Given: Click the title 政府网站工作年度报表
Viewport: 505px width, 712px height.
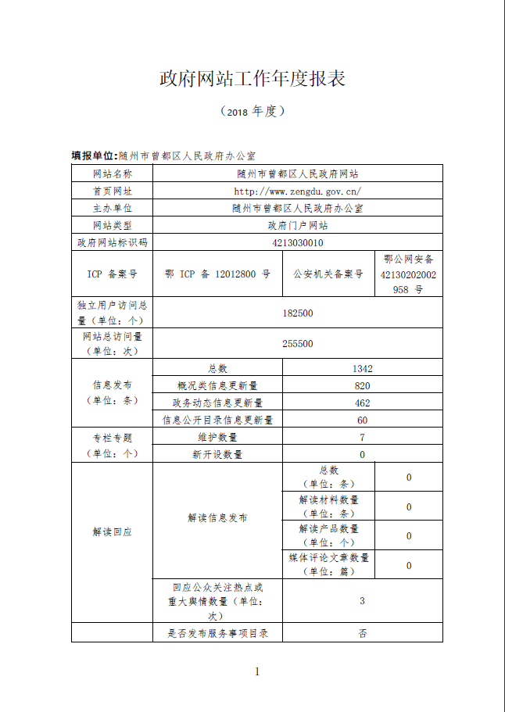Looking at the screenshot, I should pos(252,79).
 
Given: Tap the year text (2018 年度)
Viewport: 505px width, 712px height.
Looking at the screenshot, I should pos(252,112).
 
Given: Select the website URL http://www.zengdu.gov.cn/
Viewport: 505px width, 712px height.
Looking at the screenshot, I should pos(298,191).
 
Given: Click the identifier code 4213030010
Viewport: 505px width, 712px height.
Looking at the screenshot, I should pos(298,243).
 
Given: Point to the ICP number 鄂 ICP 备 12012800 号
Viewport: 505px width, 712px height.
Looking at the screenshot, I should pos(218,274).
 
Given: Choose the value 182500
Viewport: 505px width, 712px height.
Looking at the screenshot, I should pos(298,313).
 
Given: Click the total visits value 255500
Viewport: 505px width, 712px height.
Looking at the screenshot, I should pos(298,344).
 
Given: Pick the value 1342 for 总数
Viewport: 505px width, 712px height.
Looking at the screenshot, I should pos(362,369).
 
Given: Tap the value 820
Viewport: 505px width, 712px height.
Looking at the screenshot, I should pos(362,386).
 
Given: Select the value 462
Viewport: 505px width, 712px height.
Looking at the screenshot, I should pos(362,403).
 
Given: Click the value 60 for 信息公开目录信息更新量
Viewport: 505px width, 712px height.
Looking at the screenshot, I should pos(362,420).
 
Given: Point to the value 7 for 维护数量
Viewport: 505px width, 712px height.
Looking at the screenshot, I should pos(362,438).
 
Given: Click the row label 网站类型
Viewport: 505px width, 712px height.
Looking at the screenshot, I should pos(113,225).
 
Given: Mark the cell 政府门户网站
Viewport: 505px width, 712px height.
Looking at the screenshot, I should pos(298,225).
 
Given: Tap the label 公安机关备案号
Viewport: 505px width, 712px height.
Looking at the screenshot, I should pos(328,274).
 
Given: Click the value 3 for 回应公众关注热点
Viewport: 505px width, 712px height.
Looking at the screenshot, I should pos(362,601).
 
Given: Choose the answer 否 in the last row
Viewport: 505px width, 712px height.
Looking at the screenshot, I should pos(362,634).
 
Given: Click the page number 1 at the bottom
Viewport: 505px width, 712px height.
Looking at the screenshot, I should pos(256,671).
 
